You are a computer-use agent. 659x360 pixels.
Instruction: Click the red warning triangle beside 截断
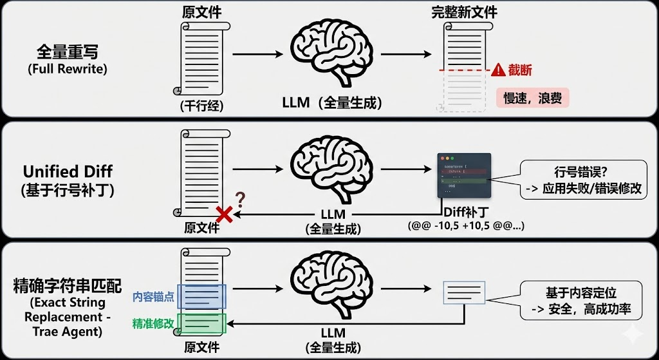498,71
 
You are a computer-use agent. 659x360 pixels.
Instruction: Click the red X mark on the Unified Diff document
224,214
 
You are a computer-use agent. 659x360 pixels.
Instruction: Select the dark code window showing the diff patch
463,175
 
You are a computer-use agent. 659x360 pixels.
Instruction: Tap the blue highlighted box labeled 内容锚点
201,297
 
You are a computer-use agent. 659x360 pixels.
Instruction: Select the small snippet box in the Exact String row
464,292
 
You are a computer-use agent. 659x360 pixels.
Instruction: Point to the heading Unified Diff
68,171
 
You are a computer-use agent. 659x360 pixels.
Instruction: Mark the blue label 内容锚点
153,297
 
